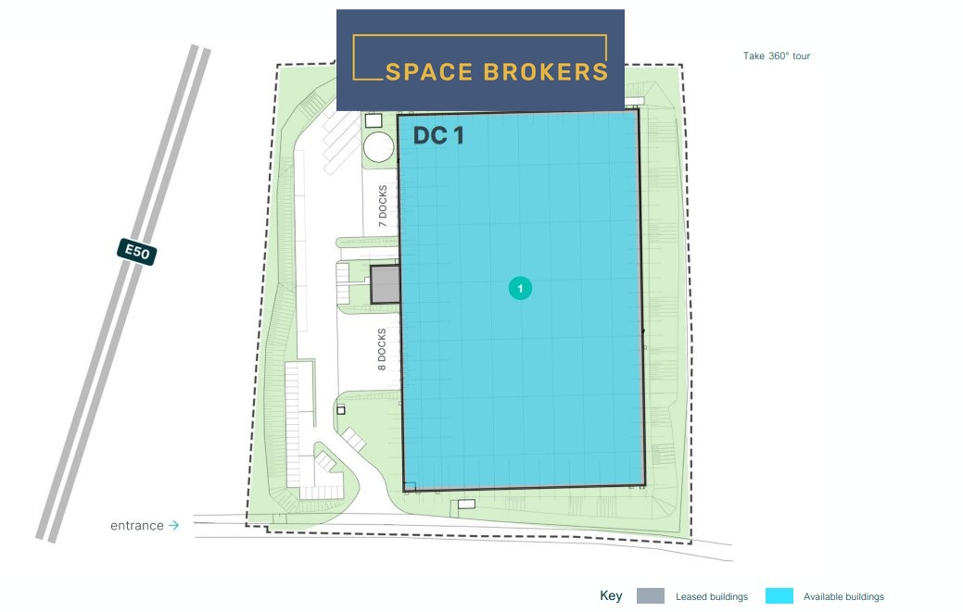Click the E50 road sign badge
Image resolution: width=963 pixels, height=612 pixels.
137,252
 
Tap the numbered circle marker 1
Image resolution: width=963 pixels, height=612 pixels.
520,288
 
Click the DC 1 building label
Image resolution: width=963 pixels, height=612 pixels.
438,135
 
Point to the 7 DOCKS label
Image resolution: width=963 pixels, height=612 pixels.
383,206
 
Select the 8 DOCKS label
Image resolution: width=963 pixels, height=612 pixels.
382,349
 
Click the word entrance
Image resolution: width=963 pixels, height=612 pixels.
137,526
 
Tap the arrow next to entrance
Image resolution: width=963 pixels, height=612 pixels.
174,526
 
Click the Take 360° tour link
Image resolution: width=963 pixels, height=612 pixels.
777,56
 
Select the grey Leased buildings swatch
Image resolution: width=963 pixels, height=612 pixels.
651,596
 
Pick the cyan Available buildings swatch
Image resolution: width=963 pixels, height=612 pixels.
779,596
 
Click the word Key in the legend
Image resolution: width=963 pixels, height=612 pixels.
611,595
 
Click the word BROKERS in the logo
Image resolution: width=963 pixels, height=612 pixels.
545,72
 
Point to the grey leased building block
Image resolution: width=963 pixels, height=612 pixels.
385,284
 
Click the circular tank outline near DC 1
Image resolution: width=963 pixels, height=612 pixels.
378,146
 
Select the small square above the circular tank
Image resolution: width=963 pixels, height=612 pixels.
374,120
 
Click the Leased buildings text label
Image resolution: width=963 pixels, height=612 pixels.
712,596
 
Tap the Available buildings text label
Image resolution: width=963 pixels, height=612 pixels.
843,596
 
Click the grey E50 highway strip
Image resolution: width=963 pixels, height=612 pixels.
123,294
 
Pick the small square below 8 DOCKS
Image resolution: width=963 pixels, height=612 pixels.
341,409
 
